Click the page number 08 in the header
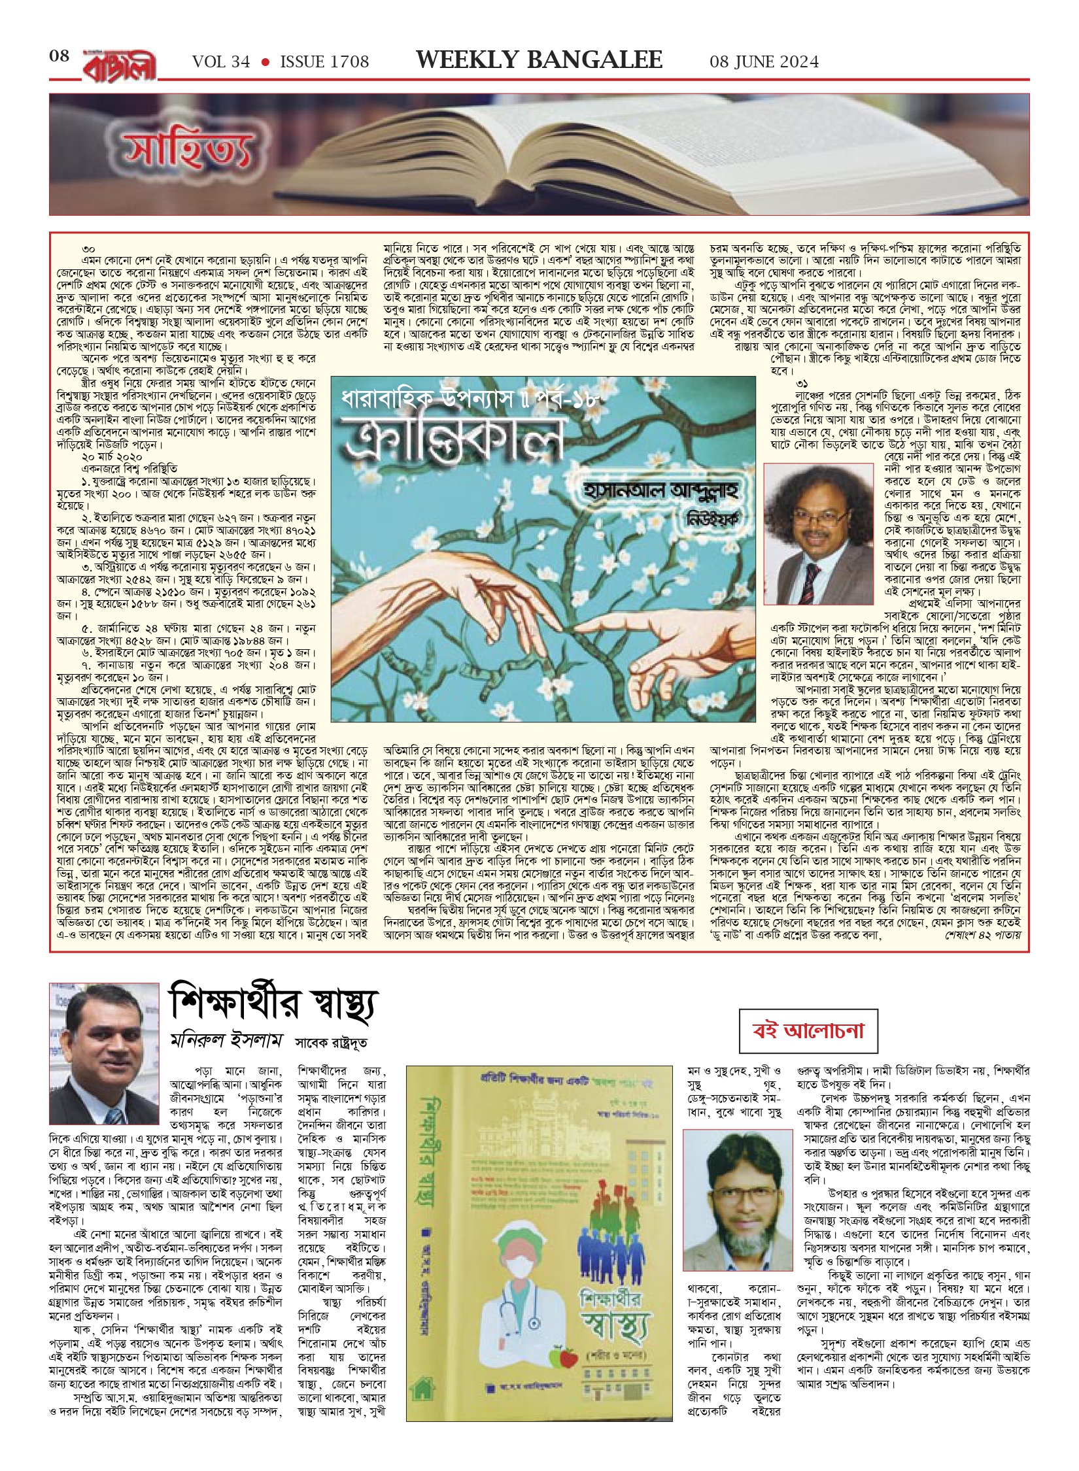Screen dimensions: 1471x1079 (x=59, y=56)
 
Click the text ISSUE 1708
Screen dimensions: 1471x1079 (x=324, y=62)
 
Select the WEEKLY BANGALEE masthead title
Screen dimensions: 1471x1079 (x=539, y=60)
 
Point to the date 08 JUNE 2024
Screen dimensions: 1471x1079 (x=764, y=62)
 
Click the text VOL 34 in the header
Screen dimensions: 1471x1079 (x=221, y=62)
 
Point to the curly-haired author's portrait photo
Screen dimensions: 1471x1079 (x=818, y=534)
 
